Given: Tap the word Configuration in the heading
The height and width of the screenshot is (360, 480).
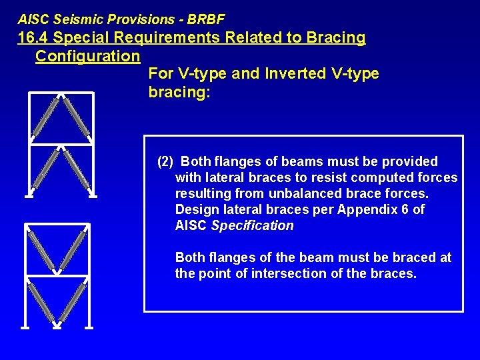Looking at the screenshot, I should pos(87,56).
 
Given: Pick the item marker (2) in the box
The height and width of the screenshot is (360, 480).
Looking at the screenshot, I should pos(165,161).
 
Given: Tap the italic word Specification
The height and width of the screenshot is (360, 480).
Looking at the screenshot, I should pos(252,225).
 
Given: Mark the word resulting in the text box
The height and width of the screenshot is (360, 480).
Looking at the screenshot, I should pos(201,193).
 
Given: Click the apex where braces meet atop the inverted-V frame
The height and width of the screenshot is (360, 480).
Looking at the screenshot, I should pos(61,95).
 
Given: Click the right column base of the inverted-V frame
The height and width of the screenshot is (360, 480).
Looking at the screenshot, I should pos(93,196).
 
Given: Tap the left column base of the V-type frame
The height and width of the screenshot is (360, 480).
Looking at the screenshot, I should pos(25,327).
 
